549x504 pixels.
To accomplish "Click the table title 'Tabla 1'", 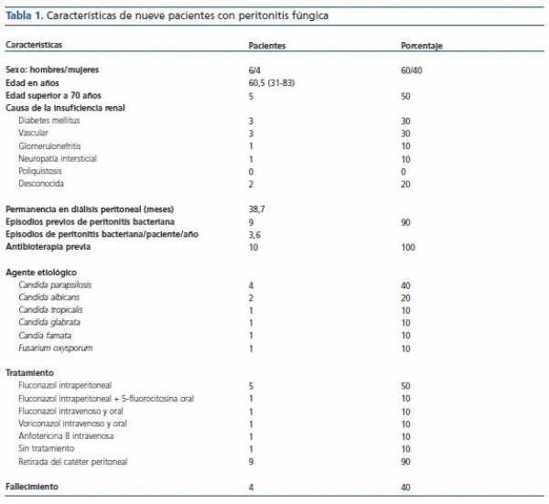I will [25, 16].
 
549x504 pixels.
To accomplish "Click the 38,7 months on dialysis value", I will [258, 209].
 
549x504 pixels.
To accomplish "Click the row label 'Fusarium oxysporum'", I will [56, 349].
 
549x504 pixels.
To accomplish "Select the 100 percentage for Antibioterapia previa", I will [408, 247].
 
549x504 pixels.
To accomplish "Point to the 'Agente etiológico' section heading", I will [41, 273].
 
